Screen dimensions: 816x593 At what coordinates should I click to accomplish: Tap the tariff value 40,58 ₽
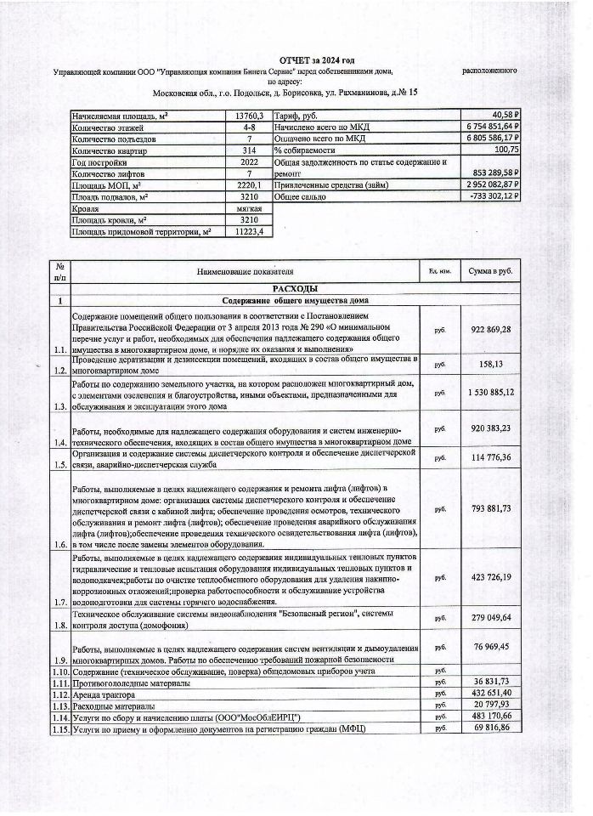pos(501,114)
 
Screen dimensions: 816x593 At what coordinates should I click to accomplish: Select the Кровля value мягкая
pos(249,207)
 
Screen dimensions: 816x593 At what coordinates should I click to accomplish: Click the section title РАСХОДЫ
pos(295,289)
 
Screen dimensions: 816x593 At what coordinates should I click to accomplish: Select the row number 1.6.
pos(59,543)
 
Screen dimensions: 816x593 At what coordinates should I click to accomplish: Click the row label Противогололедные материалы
pos(131,683)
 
